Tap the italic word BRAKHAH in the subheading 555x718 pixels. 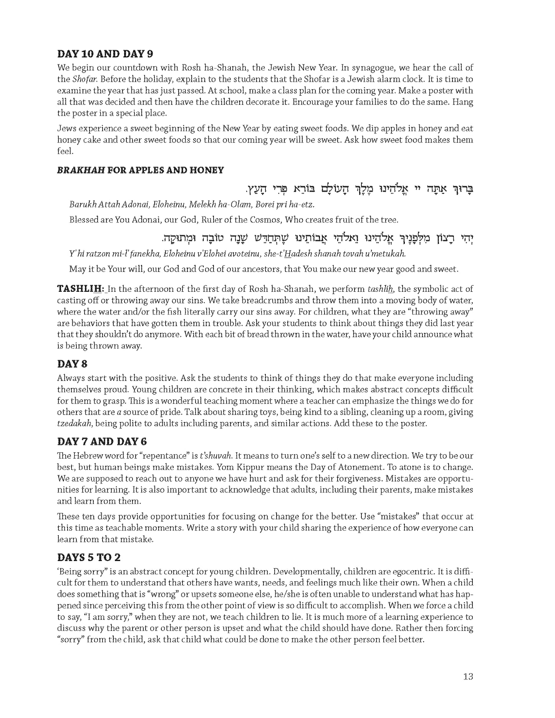81,170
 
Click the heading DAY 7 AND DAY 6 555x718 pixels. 102,442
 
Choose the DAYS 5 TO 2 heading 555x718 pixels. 89,557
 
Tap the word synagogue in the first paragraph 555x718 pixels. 373,68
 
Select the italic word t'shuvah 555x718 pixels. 216,456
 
